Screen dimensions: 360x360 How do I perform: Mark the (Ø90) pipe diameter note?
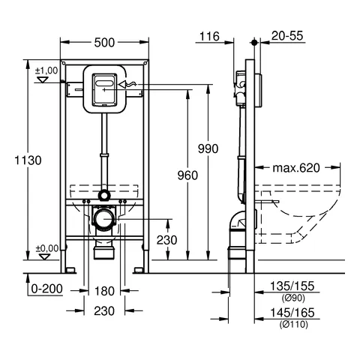point(293,297)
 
